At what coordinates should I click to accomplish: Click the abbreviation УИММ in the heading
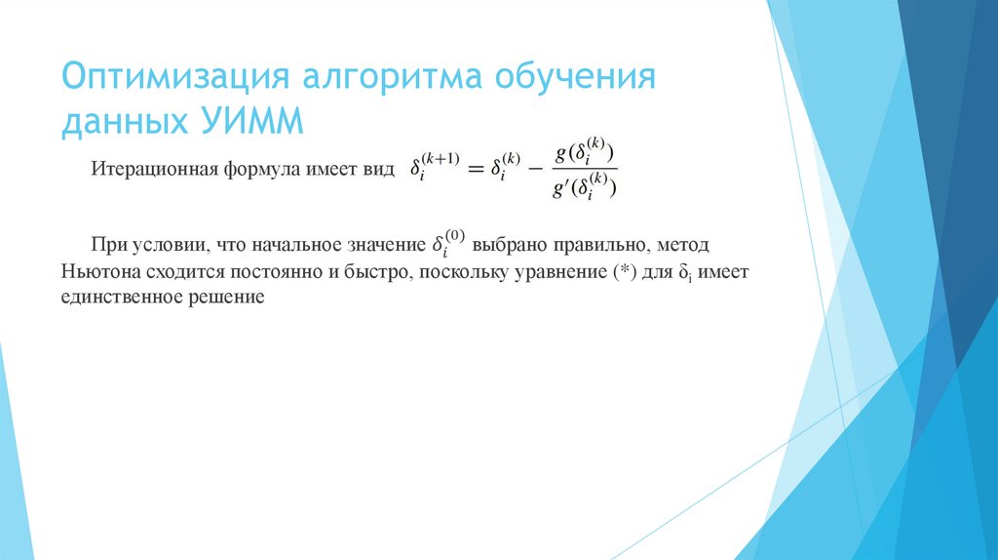click(253, 124)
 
